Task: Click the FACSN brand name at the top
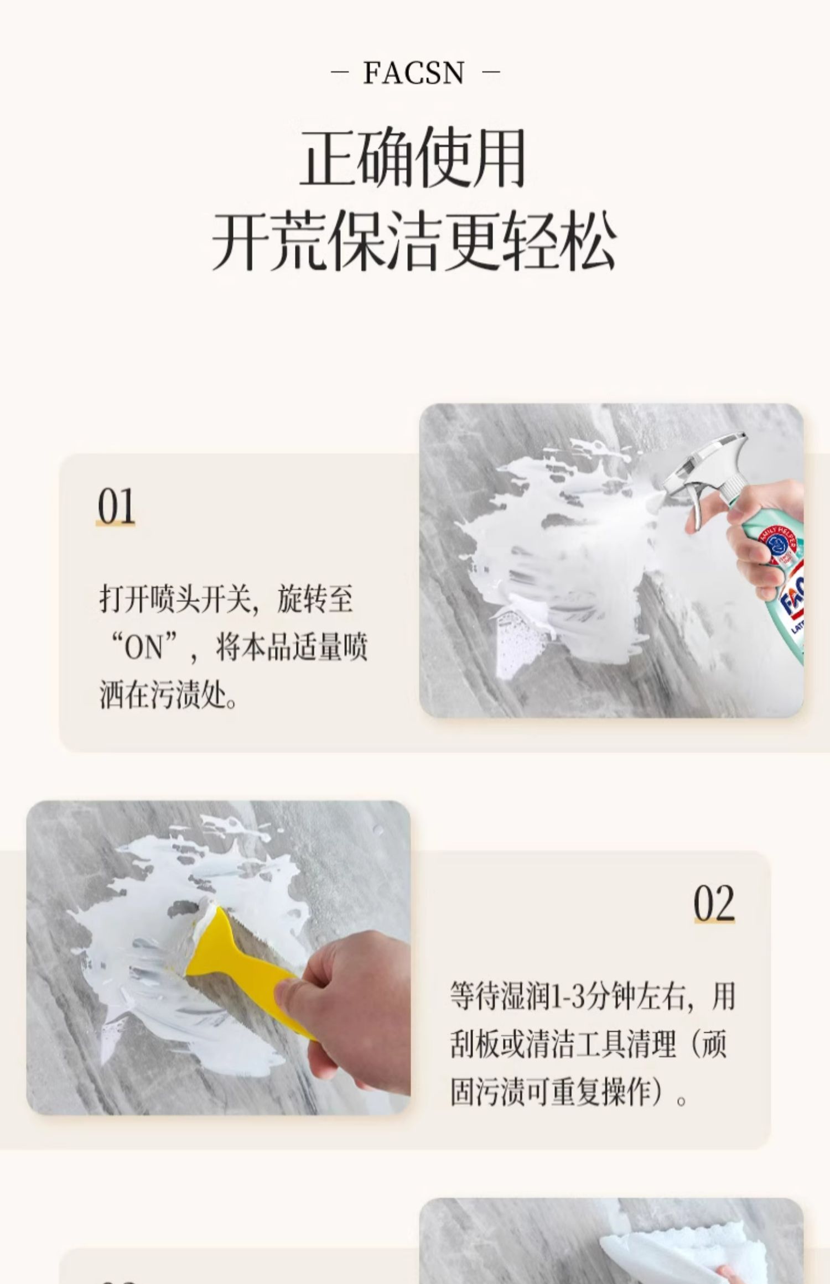point(413,73)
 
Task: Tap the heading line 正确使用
point(413,158)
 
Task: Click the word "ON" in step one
point(144,647)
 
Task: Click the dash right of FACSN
point(491,72)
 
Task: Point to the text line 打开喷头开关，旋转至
point(226,599)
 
